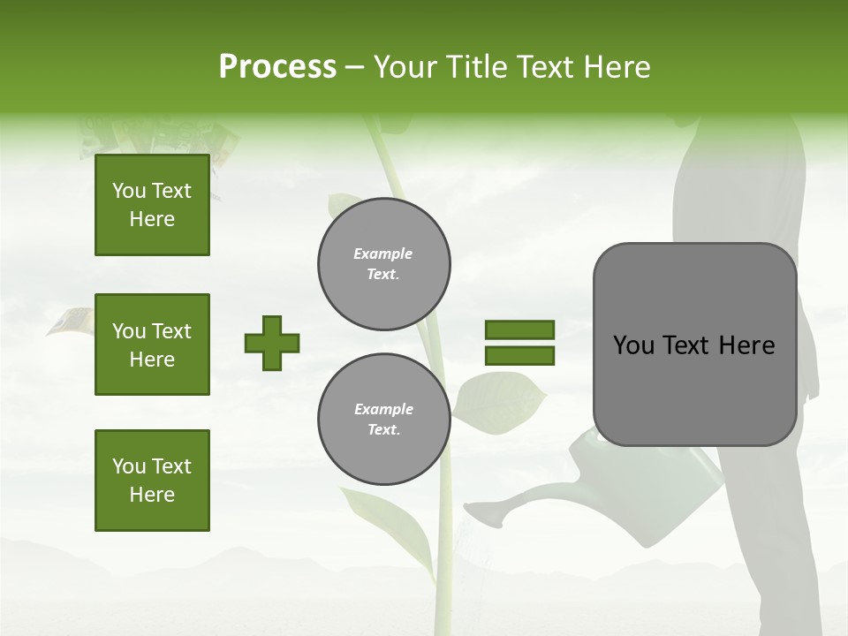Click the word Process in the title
277,67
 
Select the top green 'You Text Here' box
152,205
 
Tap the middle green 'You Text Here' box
152,344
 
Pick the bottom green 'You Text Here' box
152,481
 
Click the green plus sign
272,343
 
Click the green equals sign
520,343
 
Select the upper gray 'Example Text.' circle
384,264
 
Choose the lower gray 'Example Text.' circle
384,420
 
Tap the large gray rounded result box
694,344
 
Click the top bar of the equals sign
520,330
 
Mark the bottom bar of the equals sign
520,356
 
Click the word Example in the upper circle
383,254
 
